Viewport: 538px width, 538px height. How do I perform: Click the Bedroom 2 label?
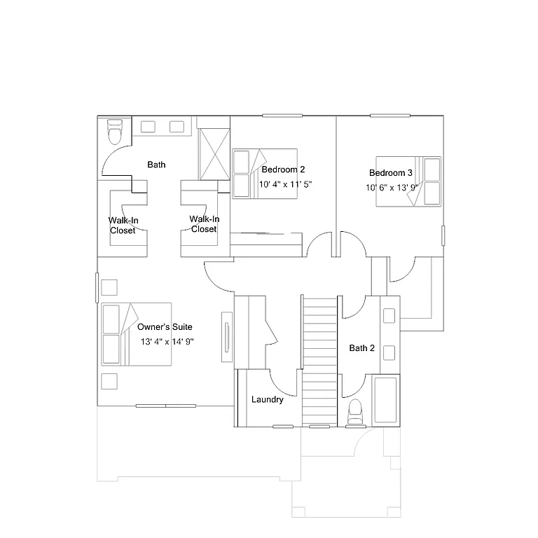click(283, 170)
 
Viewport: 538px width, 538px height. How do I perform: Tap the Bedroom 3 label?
click(391, 173)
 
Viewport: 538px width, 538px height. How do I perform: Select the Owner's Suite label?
click(165, 327)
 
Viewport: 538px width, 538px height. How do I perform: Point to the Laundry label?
click(268, 400)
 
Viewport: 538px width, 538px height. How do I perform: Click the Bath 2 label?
click(362, 348)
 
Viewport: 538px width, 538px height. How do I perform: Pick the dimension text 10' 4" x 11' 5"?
click(285, 185)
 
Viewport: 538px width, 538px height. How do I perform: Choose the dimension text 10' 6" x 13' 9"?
click(392, 188)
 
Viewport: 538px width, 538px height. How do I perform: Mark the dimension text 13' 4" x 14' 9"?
click(167, 342)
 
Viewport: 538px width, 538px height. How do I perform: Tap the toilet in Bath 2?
click(356, 411)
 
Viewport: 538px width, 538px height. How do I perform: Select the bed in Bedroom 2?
click(264, 174)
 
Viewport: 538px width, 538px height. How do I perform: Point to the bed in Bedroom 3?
click(408, 182)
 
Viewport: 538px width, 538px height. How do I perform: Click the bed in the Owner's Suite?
click(137, 334)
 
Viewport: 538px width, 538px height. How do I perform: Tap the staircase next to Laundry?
click(320, 361)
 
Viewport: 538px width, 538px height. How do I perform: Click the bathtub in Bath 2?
click(385, 400)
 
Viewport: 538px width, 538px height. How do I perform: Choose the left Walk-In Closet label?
click(123, 225)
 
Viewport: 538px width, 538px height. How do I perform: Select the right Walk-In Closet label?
click(204, 224)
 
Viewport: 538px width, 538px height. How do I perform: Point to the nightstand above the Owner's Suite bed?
click(109, 287)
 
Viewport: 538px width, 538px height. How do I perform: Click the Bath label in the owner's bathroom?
click(156, 165)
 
